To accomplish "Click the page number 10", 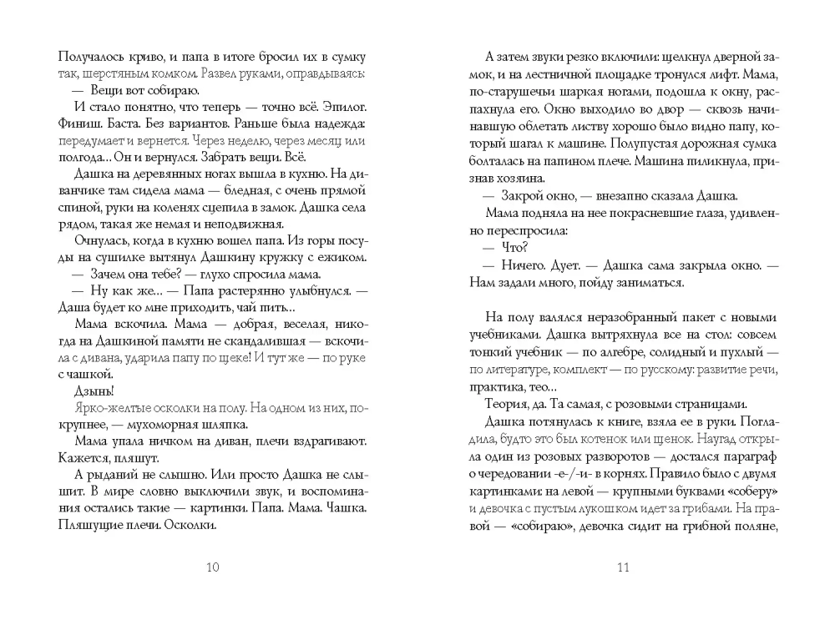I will click(211, 569).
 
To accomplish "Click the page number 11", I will click(621, 569).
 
